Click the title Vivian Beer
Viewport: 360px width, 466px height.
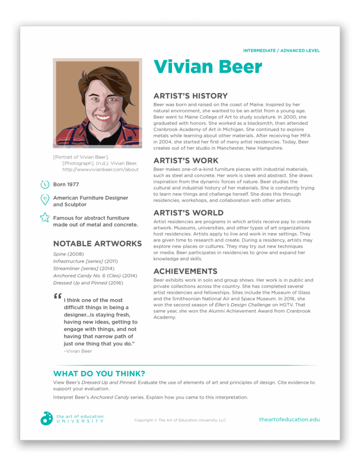(208, 67)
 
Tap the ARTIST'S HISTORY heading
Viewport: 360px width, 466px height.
(190, 96)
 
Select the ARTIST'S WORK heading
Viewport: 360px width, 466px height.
(186, 161)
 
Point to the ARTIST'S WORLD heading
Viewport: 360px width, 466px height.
(188, 213)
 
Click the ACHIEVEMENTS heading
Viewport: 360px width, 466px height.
(185, 271)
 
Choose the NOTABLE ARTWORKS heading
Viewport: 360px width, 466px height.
(97, 243)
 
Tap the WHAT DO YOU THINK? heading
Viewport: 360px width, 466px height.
(99, 374)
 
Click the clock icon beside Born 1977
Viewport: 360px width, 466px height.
(45, 185)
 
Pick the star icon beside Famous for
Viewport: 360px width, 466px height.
(45, 218)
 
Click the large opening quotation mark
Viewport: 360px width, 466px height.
(57, 297)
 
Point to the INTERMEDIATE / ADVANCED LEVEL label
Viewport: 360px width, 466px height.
(281, 51)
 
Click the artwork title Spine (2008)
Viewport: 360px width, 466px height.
(68, 254)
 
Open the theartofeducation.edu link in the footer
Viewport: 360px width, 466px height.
(289, 419)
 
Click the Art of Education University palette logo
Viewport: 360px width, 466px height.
(46, 418)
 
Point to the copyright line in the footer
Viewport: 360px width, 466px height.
(180, 420)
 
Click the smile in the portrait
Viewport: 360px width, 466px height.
(103, 117)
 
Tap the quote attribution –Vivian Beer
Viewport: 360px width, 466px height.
(78, 351)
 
